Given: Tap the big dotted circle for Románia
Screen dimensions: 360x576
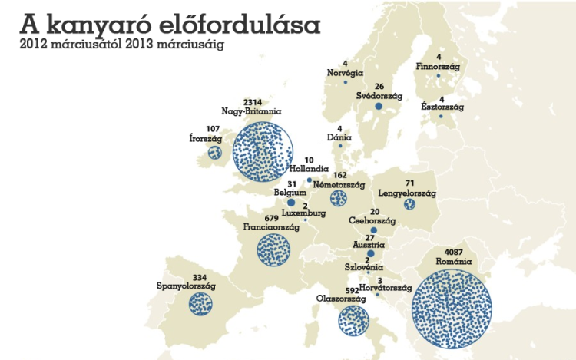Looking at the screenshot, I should pyautogui.click(x=452, y=309).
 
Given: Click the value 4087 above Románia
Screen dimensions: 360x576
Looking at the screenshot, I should pyautogui.click(x=452, y=253).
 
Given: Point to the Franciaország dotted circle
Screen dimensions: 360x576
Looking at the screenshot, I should pyautogui.click(x=274, y=249).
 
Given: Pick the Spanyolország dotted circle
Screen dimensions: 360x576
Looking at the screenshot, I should pyautogui.click(x=201, y=302).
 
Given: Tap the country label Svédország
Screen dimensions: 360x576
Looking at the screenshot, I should pyautogui.click(x=379, y=96).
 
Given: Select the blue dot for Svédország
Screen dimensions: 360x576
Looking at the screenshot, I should pyautogui.click(x=379, y=107).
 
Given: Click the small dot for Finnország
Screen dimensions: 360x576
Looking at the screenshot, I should pyautogui.click(x=439, y=75).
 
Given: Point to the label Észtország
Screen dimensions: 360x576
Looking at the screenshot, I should pyautogui.click(x=442, y=107).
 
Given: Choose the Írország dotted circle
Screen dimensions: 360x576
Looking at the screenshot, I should pyautogui.click(x=214, y=153).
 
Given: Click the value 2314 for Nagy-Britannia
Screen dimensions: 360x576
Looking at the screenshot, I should pyautogui.click(x=253, y=102).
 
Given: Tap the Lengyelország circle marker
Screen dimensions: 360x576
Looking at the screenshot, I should pyautogui.click(x=409, y=204).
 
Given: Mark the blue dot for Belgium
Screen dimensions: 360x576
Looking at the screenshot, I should pyautogui.click(x=291, y=203).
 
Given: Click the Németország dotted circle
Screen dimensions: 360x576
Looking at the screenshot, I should pyautogui.click(x=339, y=199).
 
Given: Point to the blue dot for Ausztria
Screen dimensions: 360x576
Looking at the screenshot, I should pyautogui.click(x=370, y=254).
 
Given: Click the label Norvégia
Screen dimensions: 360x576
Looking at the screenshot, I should pyautogui.click(x=345, y=72).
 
